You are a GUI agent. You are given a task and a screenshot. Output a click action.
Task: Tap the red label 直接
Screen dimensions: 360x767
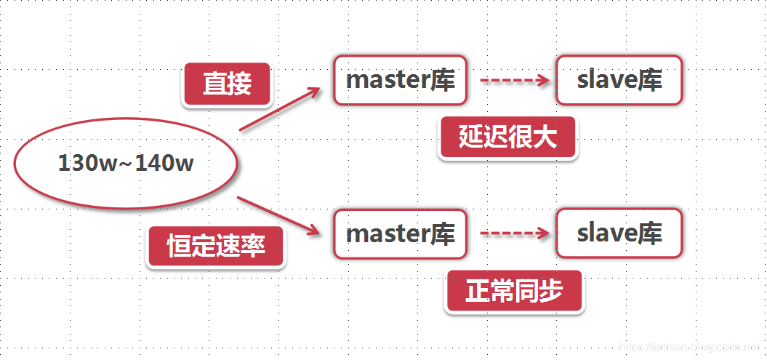(x=227, y=84)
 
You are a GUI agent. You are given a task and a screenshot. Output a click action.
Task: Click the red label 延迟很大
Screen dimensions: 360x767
(x=507, y=137)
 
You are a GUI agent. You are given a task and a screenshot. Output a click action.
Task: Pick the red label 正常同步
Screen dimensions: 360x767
(x=514, y=292)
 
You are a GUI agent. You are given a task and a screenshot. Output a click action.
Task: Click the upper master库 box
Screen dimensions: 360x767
(x=401, y=80)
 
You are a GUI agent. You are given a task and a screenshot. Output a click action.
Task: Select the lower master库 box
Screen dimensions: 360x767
(x=401, y=233)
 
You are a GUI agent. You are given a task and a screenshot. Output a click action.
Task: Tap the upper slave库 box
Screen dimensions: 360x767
(x=619, y=80)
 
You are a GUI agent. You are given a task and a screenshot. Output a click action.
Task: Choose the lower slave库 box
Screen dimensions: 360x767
(x=619, y=233)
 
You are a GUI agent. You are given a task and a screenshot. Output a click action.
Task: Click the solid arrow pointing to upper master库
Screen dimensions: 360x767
(x=280, y=110)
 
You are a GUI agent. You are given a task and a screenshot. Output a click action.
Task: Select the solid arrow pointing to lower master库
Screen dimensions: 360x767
(x=280, y=216)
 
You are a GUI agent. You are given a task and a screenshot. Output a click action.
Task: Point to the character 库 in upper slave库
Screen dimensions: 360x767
(x=650, y=81)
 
